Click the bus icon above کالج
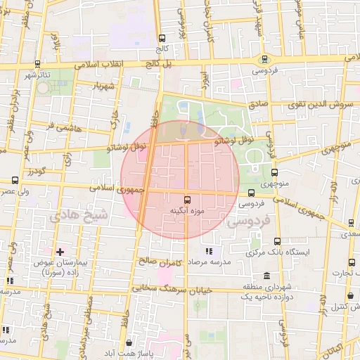click(x=163, y=38)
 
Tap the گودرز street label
click(x=35, y=172)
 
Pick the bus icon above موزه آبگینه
click(x=187, y=200)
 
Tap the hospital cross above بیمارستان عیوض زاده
click(x=60, y=251)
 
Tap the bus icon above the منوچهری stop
click(x=274, y=172)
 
